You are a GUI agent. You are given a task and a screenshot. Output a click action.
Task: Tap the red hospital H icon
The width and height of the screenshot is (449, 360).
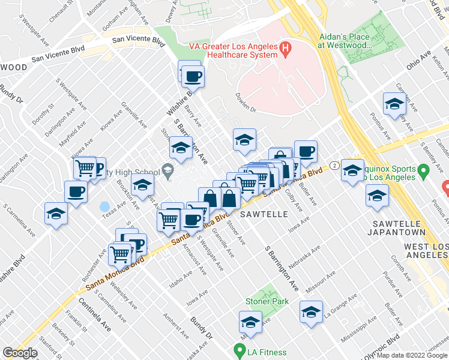click(x=285, y=47)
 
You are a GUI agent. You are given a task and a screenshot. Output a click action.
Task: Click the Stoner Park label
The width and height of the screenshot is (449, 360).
click(x=267, y=301)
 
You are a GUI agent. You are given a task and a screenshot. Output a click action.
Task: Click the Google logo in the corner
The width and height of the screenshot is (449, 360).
click(x=20, y=353)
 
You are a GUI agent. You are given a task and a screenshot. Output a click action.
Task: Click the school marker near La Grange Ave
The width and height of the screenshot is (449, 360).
click(x=311, y=312)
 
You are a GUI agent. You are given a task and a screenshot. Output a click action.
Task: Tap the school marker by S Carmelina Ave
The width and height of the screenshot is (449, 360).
click(x=56, y=213)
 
